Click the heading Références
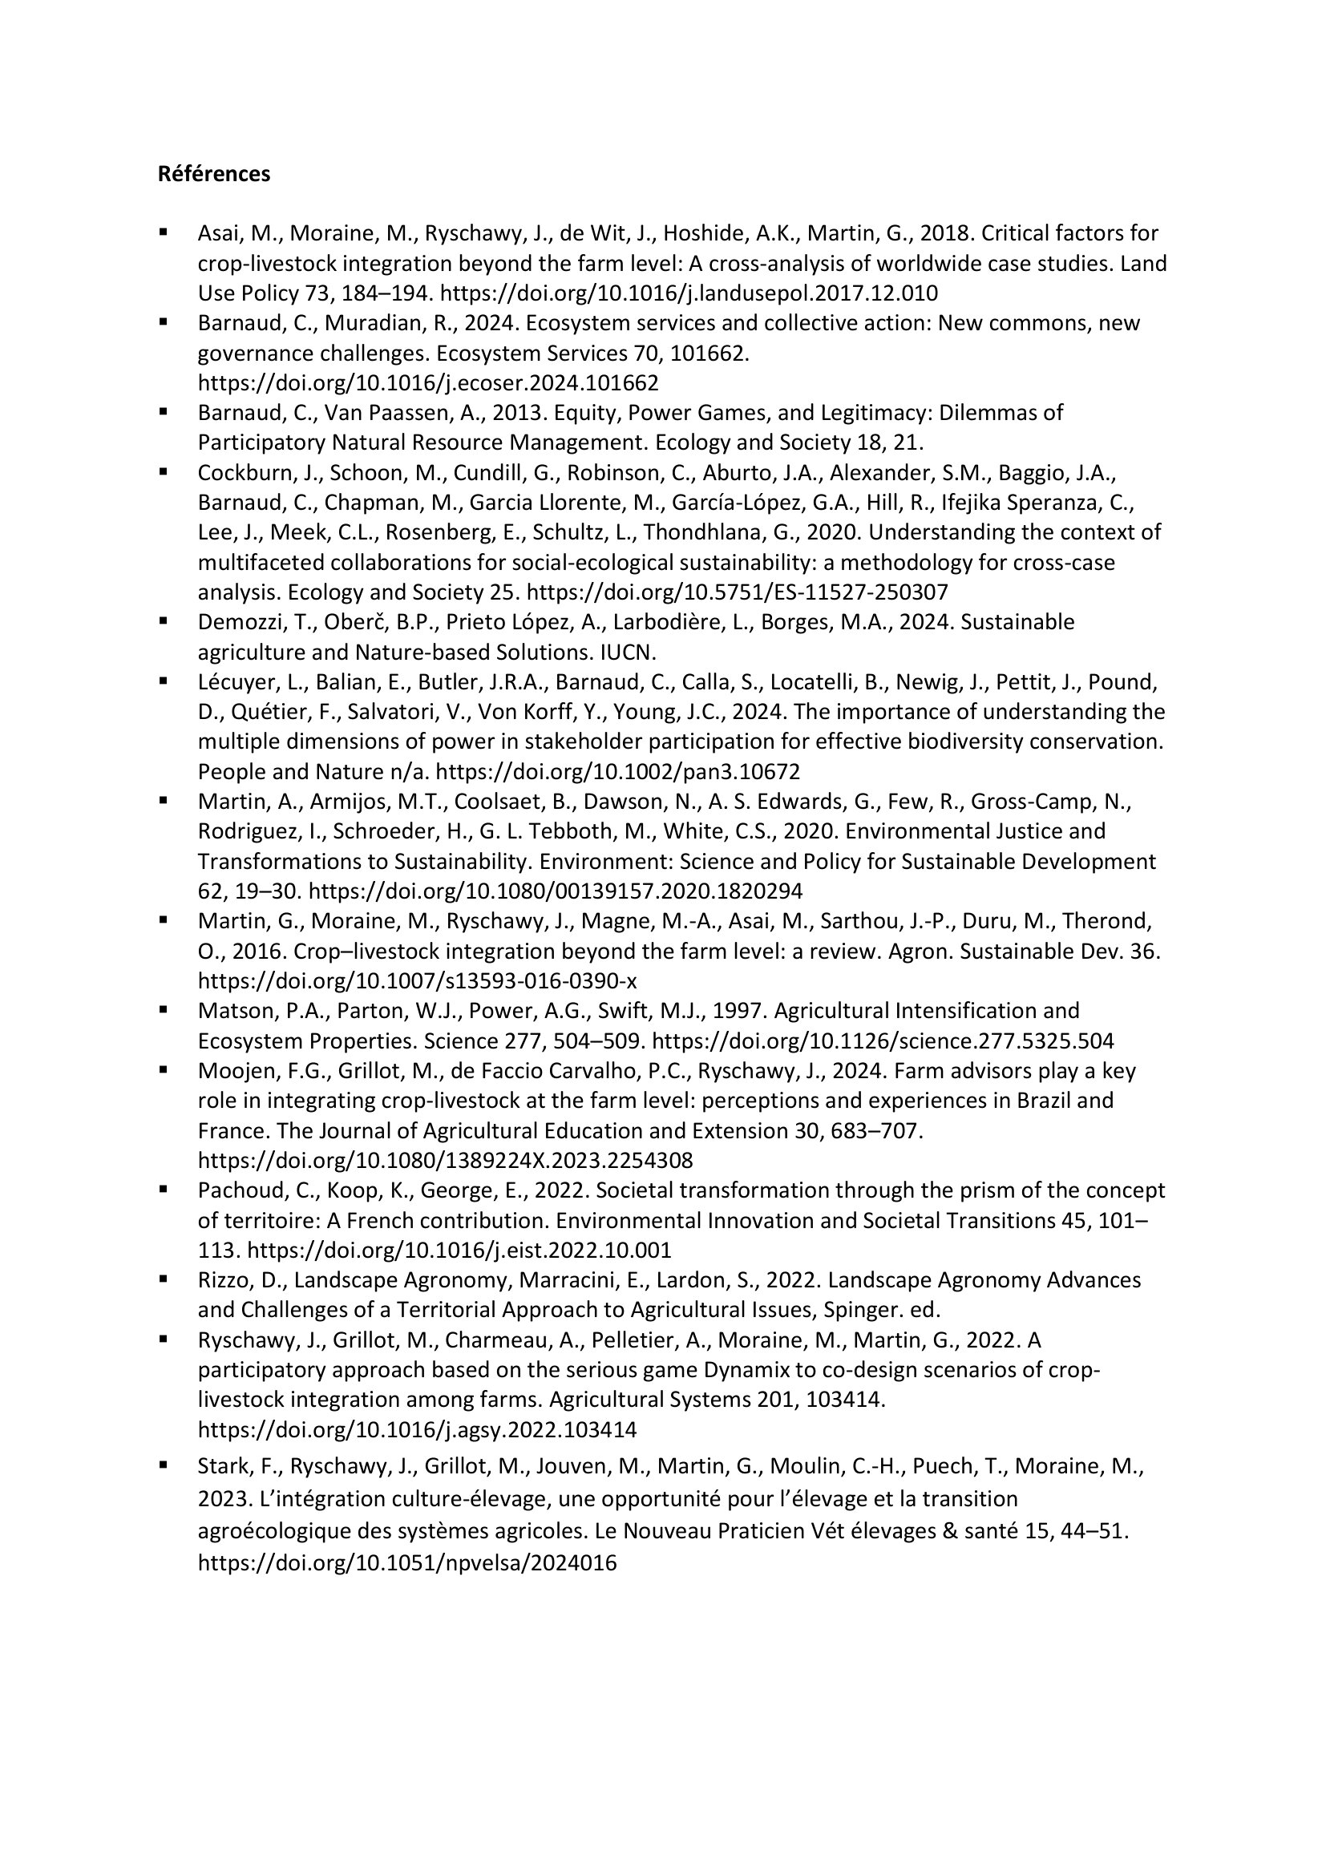[x=214, y=174]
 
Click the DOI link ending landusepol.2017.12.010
[x=689, y=293]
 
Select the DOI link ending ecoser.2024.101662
[x=428, y=383]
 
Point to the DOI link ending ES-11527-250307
[x=738, y=592]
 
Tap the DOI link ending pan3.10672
[x=618, y=772]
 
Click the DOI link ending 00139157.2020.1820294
[x=556, y=891]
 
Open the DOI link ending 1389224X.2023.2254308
[x=445, y=1161]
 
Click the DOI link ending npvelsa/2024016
[x=406, y=1563]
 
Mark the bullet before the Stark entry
[x=164, y=1465]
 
